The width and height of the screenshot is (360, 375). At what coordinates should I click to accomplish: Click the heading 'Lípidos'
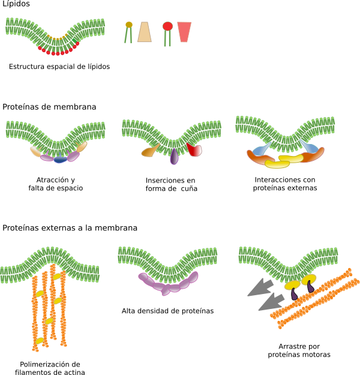tap(16, 4)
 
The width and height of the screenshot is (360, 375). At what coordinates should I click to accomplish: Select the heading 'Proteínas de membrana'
tap(49, 107)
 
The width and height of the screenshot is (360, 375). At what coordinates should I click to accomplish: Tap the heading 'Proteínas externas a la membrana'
tap(70, 227)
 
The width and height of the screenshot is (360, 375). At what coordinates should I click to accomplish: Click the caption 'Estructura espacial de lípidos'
tap(59, 67)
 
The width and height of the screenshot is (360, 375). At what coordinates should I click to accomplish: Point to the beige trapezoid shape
tap(145, 32)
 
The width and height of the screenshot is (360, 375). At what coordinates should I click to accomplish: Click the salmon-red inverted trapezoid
tap(184, 32)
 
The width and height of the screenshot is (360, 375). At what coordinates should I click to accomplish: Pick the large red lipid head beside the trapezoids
tap(167, 26)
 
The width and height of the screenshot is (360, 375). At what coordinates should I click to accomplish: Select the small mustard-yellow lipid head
tap(129, 25)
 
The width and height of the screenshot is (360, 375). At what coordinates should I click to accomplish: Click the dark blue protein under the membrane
tap(60, 160)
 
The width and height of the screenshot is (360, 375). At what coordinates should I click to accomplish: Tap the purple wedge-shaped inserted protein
tap(174, 157)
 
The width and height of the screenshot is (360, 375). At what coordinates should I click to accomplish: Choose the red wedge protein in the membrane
tap(194, 150)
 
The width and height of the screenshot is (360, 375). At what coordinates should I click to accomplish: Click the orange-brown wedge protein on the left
tap(150, 151)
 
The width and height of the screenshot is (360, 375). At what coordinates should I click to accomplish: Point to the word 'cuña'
tap(189, 188)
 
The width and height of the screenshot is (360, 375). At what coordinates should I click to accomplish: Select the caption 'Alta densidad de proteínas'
tap(167, 311)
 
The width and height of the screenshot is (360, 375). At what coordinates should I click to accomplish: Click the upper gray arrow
tap(260, 287)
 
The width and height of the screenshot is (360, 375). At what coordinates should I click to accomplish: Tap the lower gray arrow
tap(271, 302)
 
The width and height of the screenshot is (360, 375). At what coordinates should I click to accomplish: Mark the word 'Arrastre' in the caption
tap(292, 346)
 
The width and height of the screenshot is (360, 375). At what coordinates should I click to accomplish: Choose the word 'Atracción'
tap(50, 179)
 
